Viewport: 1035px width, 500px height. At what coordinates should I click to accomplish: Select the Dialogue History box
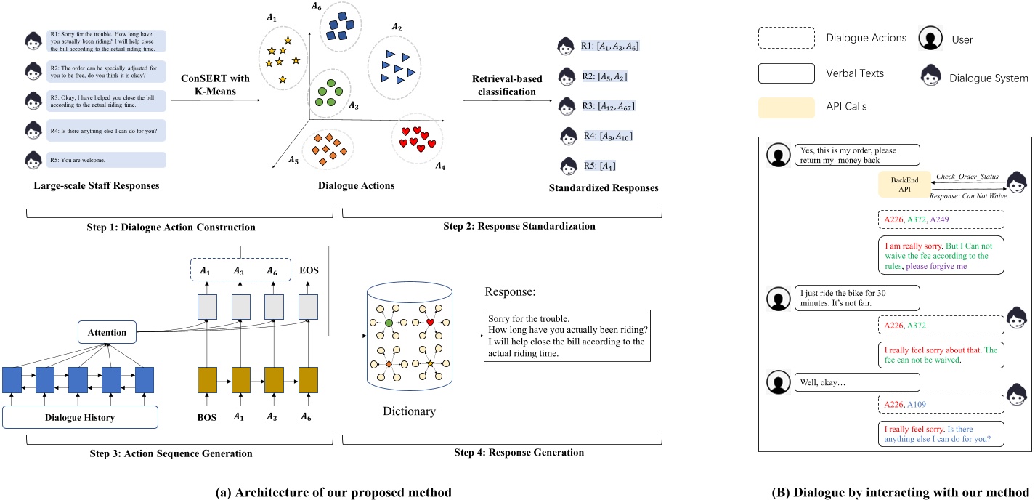[x=80, y=417]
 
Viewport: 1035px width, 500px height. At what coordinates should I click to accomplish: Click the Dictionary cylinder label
[x=409, y=412]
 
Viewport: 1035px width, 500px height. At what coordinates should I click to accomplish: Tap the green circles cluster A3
[x=335, y=94]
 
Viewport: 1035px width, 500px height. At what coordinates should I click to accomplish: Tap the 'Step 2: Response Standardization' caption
[x=519, y=226]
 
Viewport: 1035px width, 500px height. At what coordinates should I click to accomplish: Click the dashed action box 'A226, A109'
[x=941, y=404]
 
